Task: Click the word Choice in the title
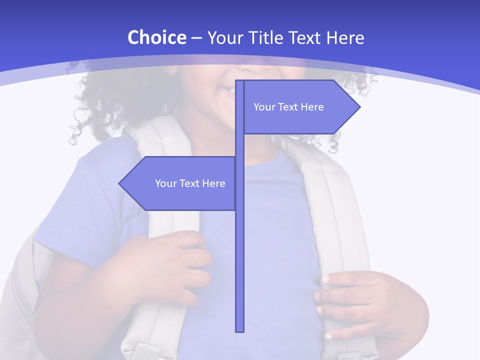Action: [156, 37]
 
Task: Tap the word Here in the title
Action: [345, 37]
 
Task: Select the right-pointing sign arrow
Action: [300, 107]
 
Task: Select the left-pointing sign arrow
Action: [180, 183]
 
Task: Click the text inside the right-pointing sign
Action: [288, 107]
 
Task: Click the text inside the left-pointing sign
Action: [190, 183]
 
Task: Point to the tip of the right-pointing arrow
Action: [359, 107]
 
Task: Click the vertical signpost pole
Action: [239, 250]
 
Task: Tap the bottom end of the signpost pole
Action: [239, 330]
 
